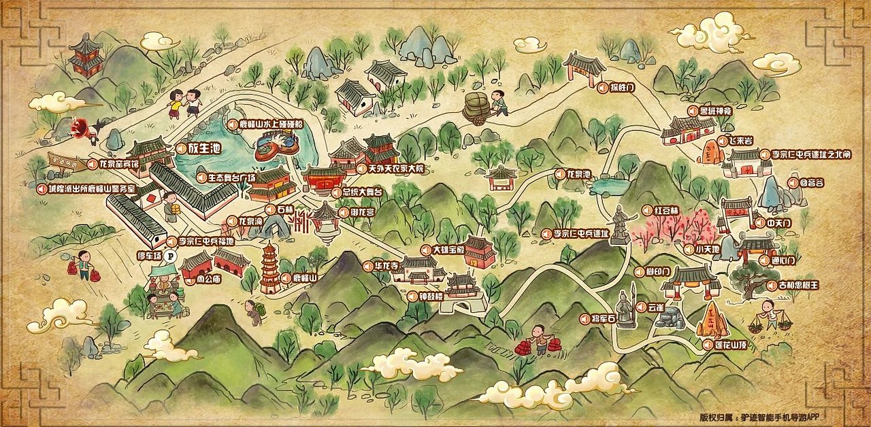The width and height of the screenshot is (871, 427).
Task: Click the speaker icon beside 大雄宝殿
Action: (x=427, y=250)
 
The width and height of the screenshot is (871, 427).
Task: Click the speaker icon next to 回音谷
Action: (x=792, y=183)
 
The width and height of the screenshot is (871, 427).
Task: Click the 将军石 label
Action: (x=602, y=319)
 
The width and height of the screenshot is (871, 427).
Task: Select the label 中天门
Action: (x=778, y=223)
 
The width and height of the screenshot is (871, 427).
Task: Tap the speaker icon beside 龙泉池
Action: (x=560, y=175)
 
